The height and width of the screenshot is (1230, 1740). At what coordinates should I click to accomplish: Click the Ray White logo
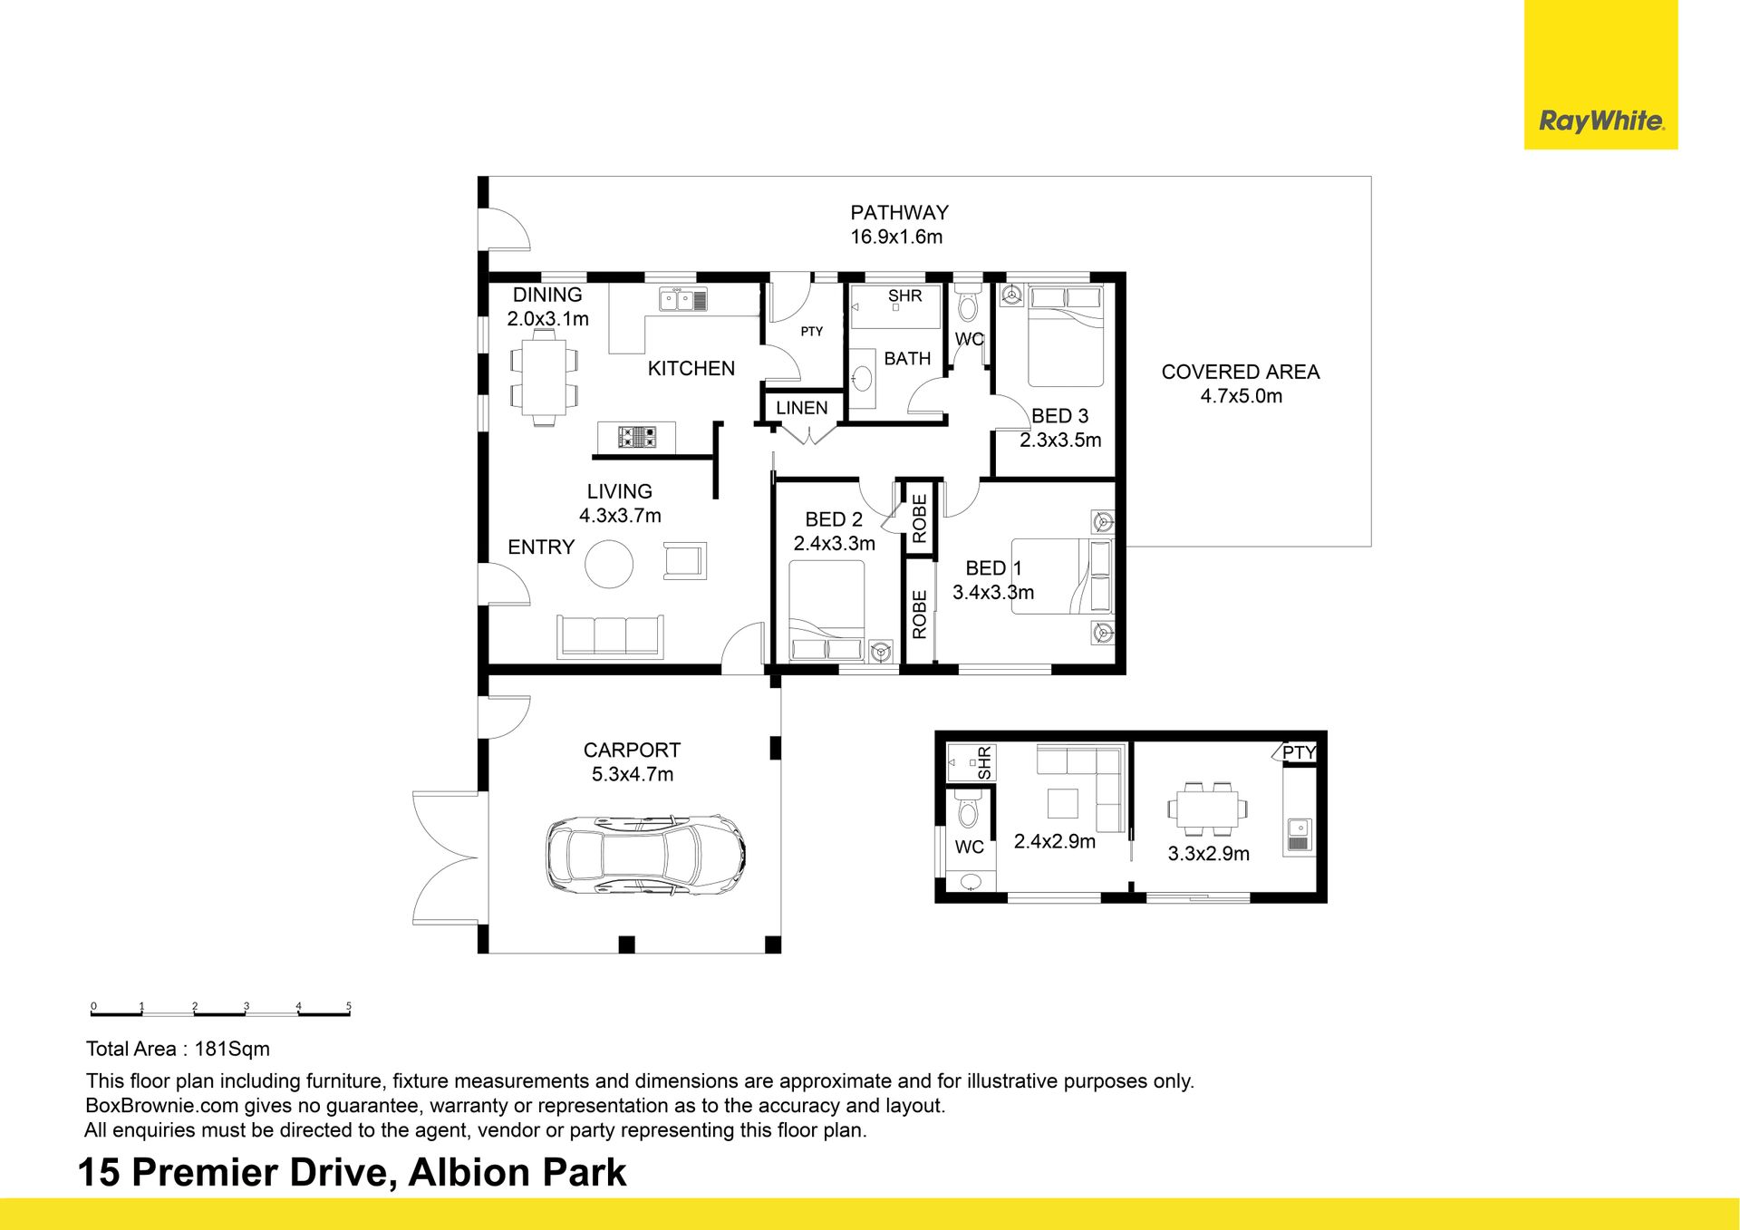pos(1601,121)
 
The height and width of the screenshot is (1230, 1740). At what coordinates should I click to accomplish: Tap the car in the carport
pos(645,853)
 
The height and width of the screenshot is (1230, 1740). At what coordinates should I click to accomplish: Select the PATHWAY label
pos(899,213)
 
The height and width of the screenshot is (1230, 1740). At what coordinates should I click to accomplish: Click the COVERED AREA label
pos(1240,372)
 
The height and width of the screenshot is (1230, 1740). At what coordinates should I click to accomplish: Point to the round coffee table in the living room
pos(609,564)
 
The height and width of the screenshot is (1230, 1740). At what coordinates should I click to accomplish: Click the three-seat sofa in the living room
pos(610,636)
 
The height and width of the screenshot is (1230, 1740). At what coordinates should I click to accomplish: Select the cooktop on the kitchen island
pos(637,438)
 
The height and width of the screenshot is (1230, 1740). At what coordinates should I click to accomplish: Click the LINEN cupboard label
pos(802,408)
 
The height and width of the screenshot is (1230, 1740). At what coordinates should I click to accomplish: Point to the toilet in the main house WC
pos(968,304)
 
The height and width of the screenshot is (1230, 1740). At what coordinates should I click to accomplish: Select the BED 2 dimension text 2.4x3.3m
pos(835,544)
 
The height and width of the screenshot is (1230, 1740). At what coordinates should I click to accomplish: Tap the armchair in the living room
pos(684,561)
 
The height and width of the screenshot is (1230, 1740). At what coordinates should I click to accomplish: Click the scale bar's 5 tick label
pos(349,1006)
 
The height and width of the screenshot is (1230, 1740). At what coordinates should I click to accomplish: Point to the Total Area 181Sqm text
pos(178,1049)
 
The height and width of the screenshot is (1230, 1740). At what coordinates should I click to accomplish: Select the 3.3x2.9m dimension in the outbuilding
pos(1208,854)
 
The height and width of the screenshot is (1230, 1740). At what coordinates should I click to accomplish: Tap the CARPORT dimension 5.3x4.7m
pos(633,775)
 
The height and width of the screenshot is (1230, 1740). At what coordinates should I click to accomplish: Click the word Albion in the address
pos(459,1172)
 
